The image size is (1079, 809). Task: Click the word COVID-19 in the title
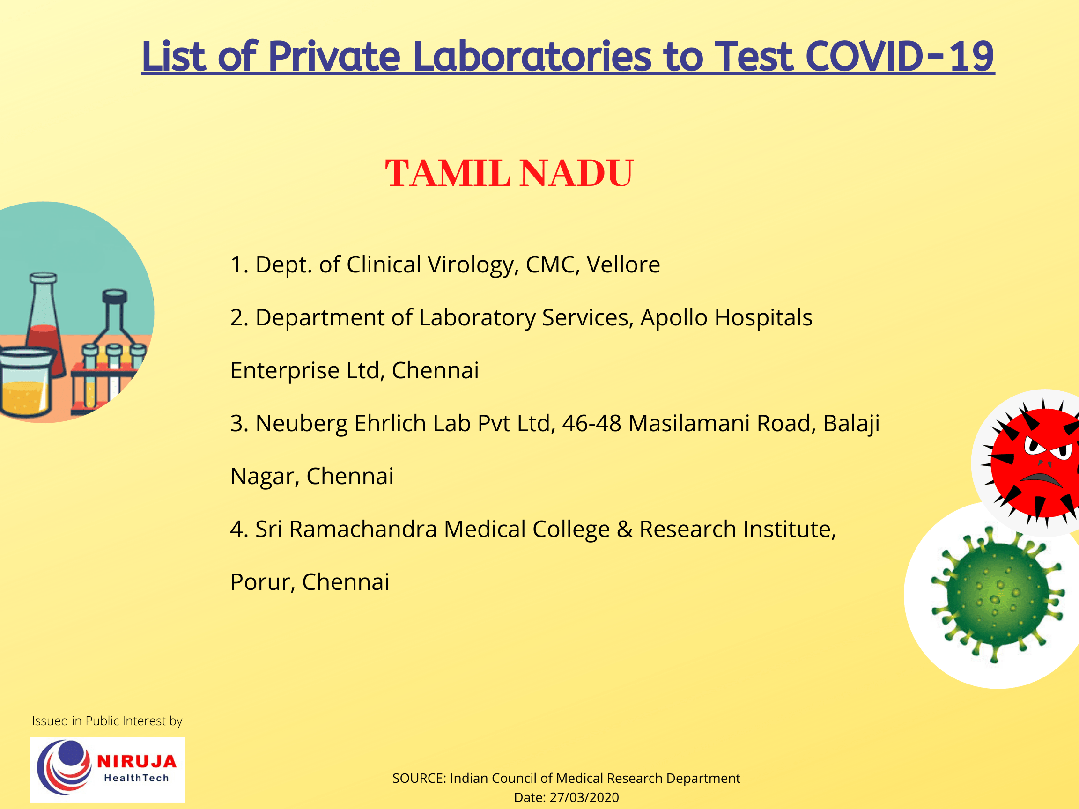coord(899,57)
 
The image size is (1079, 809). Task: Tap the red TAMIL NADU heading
coord(509,173)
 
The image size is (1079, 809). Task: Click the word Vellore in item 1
coord(623,265)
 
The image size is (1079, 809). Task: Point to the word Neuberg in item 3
coord(301,424)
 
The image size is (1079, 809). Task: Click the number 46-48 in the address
coord(591,423)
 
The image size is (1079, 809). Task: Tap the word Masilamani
coord(689,423)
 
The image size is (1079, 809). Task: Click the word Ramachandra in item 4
coord(362,529)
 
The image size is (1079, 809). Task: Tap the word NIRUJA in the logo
coord(137,762)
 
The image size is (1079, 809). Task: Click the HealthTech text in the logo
coord(136,778)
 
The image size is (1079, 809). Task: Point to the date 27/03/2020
coord(584,797)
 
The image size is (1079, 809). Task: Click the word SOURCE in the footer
coord(419,778)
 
